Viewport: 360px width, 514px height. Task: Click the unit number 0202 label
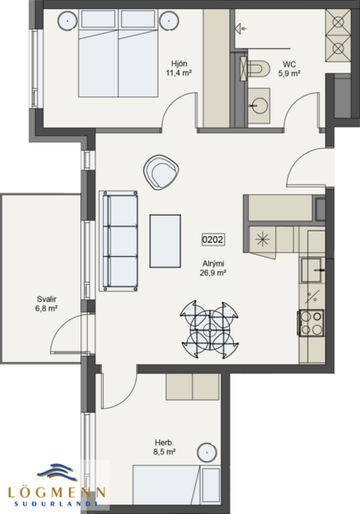(213, 240)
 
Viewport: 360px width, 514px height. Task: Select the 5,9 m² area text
(289, 73)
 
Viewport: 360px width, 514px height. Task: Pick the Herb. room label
(163, 443)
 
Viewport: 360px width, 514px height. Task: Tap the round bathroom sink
(260, 105)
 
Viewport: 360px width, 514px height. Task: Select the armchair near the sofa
(161, 172)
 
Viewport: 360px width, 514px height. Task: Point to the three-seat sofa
(118, 240)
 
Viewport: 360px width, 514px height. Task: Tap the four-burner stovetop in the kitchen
(310, 322)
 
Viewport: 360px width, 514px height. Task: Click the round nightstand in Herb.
(208, 453)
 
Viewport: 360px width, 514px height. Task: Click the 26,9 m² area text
(212, 272)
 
